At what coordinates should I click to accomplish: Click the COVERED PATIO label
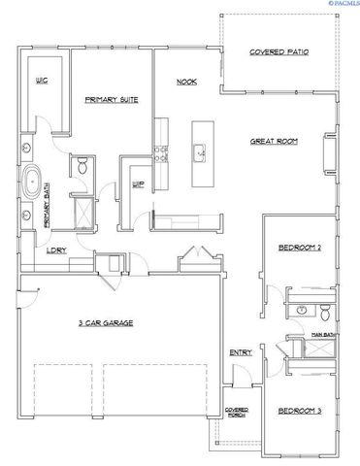(278, 51)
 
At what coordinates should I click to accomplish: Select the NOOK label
(186, 82)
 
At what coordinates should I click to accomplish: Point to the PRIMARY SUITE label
(111, 100)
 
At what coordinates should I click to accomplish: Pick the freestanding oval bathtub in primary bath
(34, 182)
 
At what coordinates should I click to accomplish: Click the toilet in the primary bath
(82, 167)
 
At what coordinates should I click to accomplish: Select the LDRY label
(56, 251)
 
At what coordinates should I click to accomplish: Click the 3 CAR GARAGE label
(106, 321)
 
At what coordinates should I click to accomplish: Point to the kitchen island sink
(199, 150)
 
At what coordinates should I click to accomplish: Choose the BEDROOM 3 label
(302, 411)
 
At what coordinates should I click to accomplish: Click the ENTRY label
(241, 352)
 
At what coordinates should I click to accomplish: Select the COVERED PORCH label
(237, 412)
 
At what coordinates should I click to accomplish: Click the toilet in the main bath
(325, 312)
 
